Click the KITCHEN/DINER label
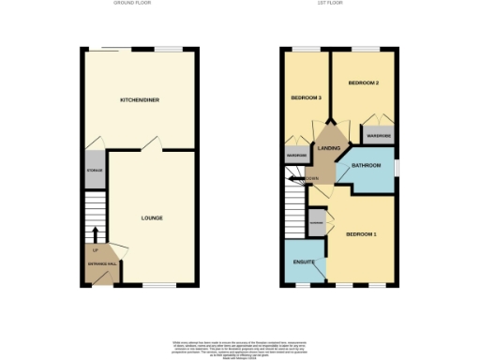pos(137,99)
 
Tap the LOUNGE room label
pos(152,218)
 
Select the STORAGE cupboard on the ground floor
pos(94,172)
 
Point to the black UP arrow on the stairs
pos(95,234)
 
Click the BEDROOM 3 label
pos(305,98)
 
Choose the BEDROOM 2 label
pos(363,83)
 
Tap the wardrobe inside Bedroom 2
pos(379,136)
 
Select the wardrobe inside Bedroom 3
pos(296,156)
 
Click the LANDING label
pos(329,149)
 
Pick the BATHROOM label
pos(365,165)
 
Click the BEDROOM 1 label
pos(361,233)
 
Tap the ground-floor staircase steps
pos(95,211)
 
